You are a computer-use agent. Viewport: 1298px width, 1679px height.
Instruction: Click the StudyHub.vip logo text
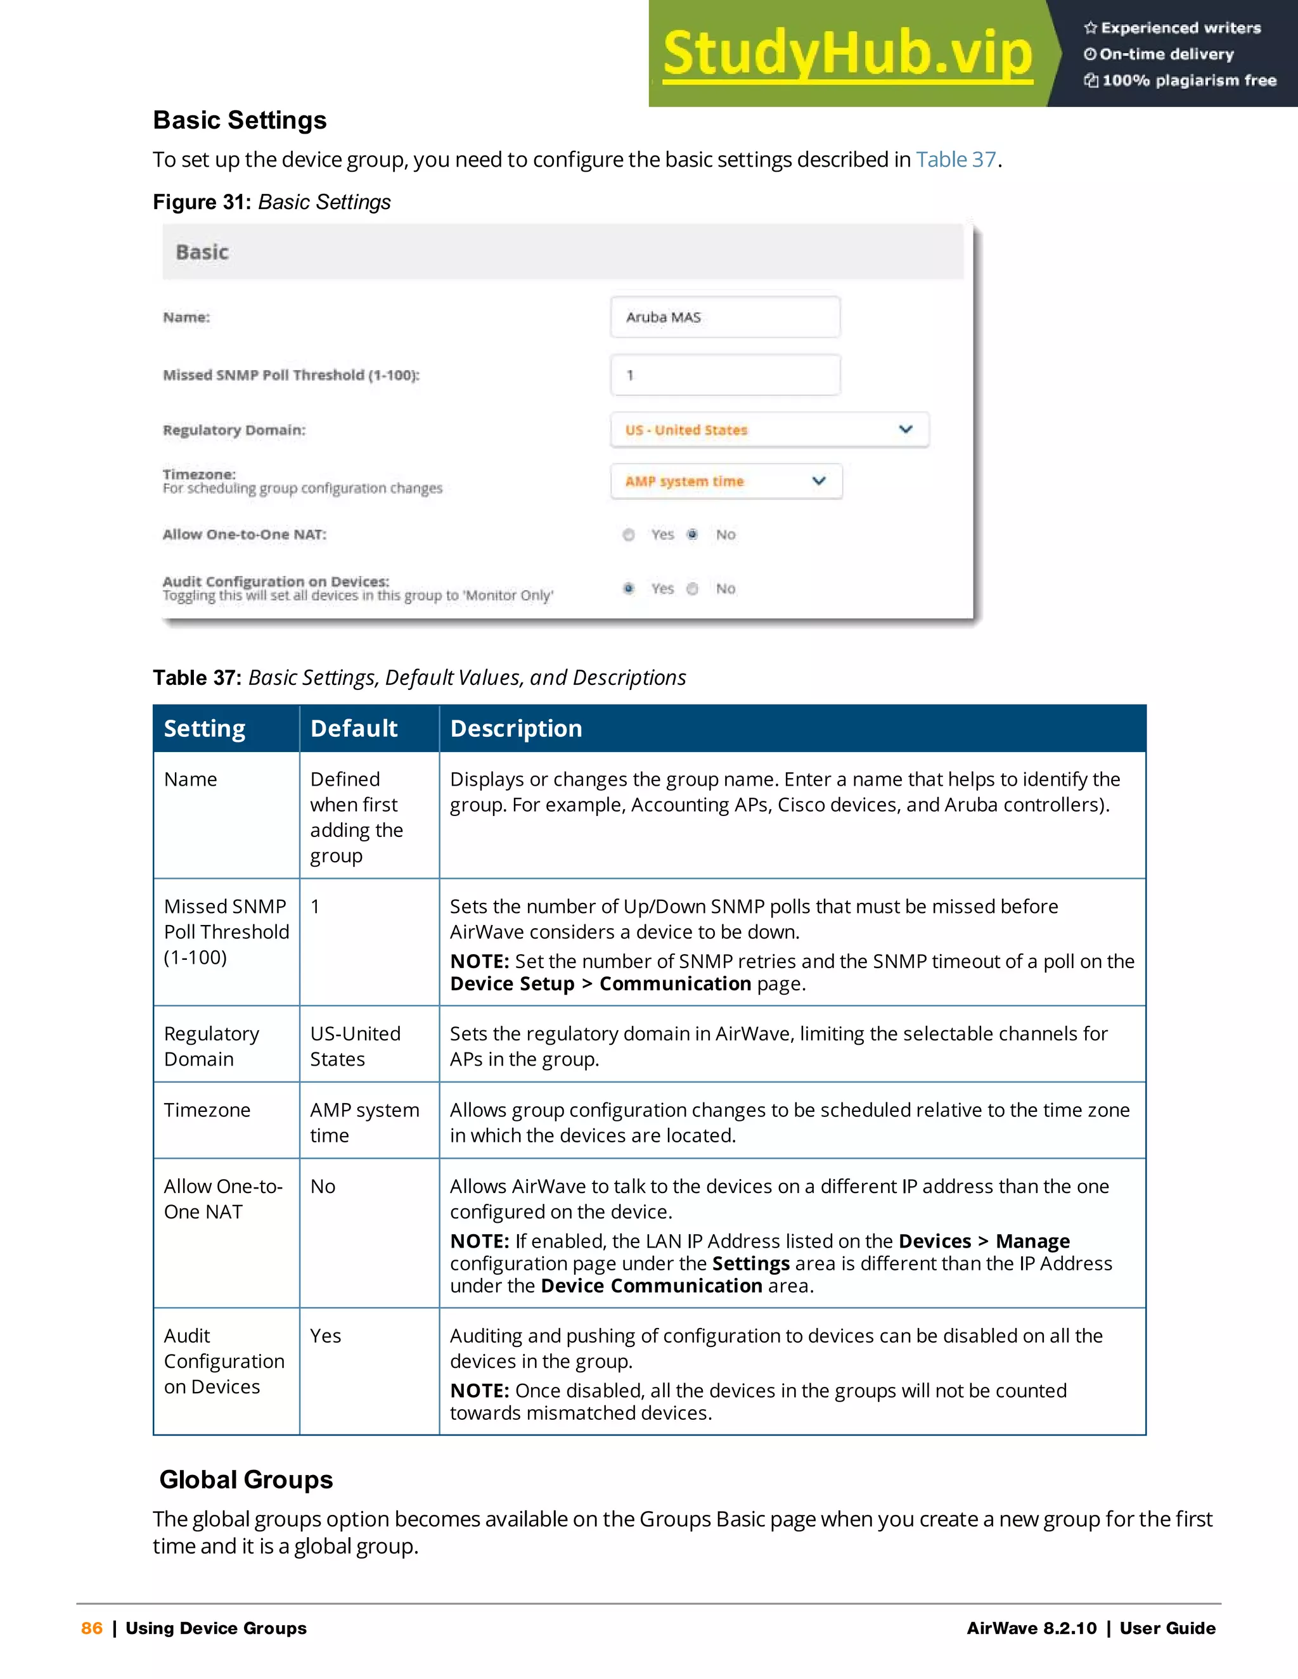847,53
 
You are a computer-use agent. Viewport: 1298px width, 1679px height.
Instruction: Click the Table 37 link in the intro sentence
955,159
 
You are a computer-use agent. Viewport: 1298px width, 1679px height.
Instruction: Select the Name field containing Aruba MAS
724,317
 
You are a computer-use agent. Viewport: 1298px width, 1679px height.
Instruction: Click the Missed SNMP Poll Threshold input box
724,375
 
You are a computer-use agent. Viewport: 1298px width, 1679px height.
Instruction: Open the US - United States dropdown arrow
905,429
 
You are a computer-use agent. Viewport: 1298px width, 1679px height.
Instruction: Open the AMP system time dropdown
726,482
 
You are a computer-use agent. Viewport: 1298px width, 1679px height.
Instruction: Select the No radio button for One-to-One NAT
693,534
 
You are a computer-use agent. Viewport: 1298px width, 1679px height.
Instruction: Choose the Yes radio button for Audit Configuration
629,588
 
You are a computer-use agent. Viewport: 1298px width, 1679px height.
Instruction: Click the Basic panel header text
202,252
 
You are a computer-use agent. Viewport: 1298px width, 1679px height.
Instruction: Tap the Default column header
354,728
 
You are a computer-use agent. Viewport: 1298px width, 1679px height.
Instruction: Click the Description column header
516,728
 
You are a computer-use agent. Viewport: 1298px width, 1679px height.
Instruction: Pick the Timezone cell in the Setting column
207,1110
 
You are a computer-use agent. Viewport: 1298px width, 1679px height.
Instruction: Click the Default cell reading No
323,1186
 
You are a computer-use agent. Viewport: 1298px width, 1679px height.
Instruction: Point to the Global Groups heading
246,1479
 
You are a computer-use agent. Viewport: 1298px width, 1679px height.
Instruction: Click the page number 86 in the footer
91,1628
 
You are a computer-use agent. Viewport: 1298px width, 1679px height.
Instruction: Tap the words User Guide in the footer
1167,1628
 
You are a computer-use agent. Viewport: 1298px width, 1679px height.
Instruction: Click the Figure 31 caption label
202,202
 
